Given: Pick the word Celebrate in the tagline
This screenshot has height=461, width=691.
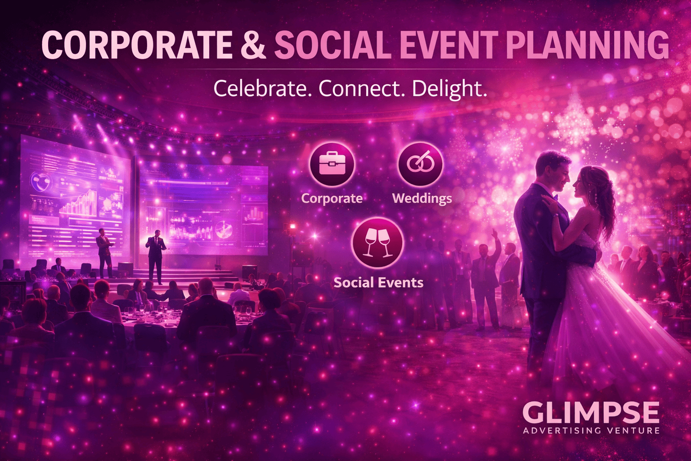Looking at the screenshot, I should click(263, 88).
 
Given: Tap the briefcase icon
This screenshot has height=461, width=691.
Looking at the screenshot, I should click(332, 164).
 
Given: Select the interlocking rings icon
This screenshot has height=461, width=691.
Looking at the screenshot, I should click(421, 164).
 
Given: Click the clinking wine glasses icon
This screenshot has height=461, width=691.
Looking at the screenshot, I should click(377, 243).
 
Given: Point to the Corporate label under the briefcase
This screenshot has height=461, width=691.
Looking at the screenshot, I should click(332, 199).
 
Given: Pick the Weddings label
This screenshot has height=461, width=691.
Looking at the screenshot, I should click(422, 199).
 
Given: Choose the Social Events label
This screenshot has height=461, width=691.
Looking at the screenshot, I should click(378, 283).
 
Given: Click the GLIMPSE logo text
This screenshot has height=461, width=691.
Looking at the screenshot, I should click(591, 412).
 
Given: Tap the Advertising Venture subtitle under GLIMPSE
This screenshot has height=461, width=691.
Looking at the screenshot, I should click(591, 430).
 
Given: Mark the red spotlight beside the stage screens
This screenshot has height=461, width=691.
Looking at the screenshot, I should click(292, 226).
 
